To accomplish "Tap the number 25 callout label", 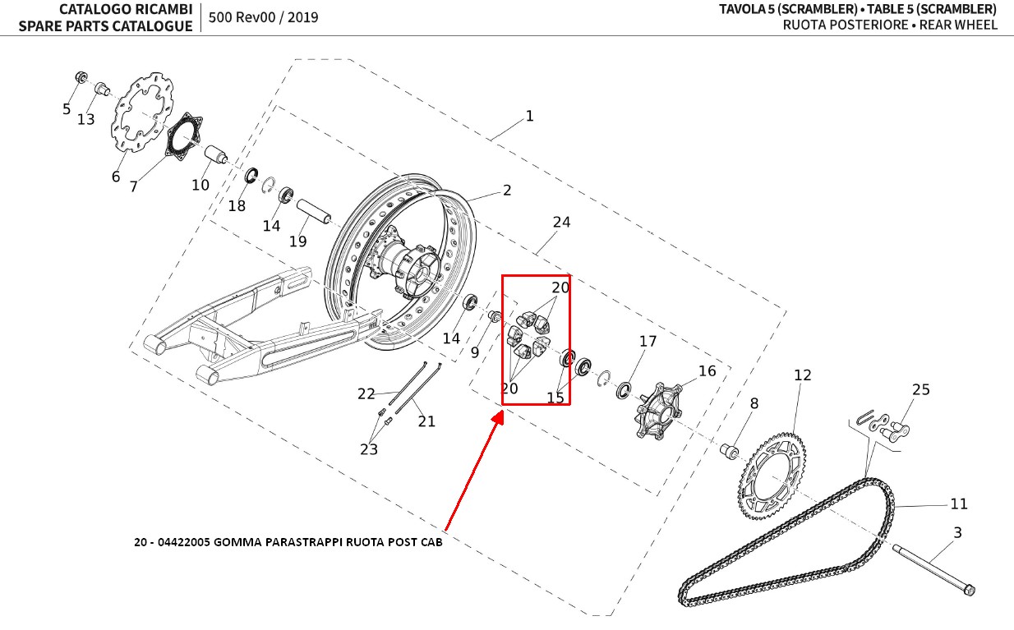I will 921,389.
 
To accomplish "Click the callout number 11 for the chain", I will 959,504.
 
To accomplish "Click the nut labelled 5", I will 81,77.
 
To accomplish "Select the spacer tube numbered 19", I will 312,211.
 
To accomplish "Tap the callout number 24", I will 561,223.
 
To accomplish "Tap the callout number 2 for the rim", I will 507,191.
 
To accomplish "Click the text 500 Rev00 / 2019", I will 264,17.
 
